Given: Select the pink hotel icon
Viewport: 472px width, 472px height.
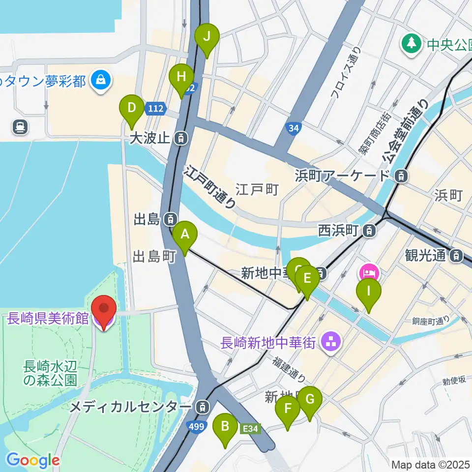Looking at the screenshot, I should [x=369, y=271].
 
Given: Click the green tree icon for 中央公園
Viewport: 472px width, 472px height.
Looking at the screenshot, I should [x=411, y=45].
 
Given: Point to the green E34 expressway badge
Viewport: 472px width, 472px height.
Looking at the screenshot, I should [x=250, y=429].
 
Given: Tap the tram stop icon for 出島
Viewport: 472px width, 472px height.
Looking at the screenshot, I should [x=171, y=218].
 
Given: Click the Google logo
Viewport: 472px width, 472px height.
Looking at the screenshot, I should [x=33, y=460].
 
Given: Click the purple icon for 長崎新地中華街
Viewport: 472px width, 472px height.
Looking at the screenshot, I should [x=330, y=343].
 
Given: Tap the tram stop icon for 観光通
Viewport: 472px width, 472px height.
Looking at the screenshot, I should [x=457, y=255].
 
